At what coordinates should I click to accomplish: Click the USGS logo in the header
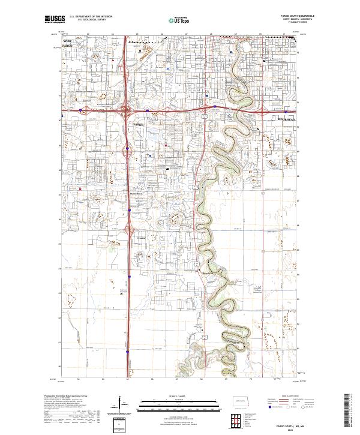[x=53, y=20]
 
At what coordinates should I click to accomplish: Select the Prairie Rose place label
[x=136, y=194]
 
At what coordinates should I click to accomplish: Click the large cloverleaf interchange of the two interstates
[x=127, y=110]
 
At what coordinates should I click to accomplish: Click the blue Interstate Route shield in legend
[x=270, y=408]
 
